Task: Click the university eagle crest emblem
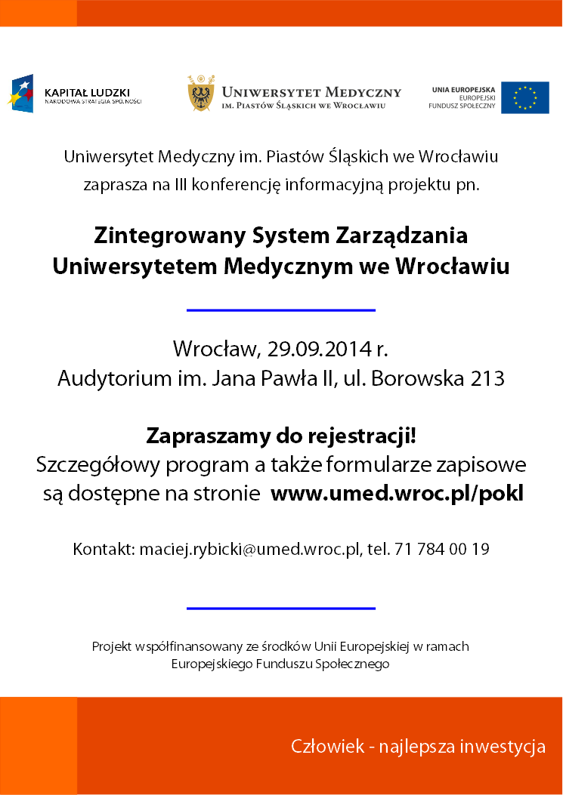(x=201, y=94)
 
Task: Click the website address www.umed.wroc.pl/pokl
(x=397, y=494)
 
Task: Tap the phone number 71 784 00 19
(x=441, y=549)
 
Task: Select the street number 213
(x=487, y=378)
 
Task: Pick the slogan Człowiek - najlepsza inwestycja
(x=418, y=747)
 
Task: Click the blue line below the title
(x=280, y=310)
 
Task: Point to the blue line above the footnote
(x=280, y=608)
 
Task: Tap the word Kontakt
(x=103, y=549)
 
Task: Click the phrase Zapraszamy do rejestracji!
(x=281, y=436)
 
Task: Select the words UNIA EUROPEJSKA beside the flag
(x=463, y=89)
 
